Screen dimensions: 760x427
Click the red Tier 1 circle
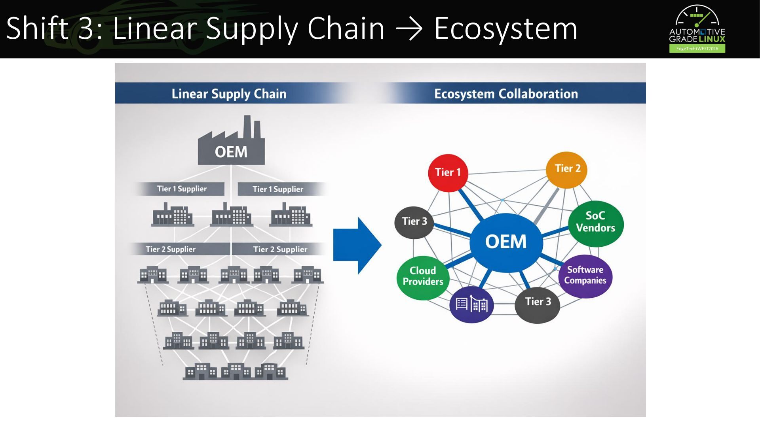(448, 173)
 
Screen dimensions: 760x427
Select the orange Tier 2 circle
(566, 170)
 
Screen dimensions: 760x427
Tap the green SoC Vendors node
(596, 223)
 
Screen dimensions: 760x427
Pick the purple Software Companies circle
(585, 276)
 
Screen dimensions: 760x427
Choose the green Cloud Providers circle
(423, 278)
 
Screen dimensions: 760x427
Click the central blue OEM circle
(506, 242)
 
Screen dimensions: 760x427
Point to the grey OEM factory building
(231, 140)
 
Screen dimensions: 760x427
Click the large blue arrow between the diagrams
(357, 245)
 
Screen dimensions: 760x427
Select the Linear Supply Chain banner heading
(229, 94)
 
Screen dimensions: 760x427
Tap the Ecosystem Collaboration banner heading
(506, 94)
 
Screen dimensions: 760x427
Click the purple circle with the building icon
(471, 305)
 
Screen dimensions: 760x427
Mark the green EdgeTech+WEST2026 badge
(697, 49)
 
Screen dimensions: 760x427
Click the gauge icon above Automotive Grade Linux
(697, 16)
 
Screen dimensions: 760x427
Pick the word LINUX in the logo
(712, 39)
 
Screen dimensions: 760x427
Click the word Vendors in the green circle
(596, 228)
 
